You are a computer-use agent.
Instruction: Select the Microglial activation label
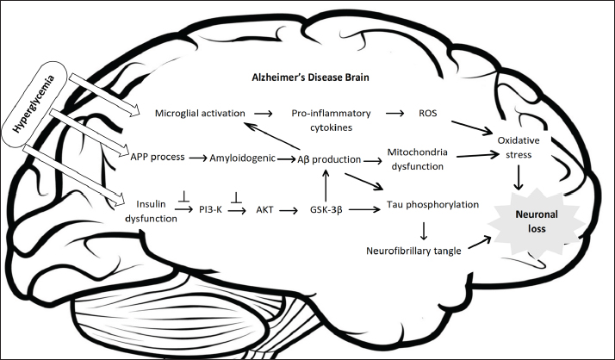pos(201,114)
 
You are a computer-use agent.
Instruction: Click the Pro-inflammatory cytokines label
pos(332,120)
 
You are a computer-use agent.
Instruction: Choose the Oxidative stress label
pos(519,146)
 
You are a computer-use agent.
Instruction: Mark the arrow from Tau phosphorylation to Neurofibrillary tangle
pos(425,231)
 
